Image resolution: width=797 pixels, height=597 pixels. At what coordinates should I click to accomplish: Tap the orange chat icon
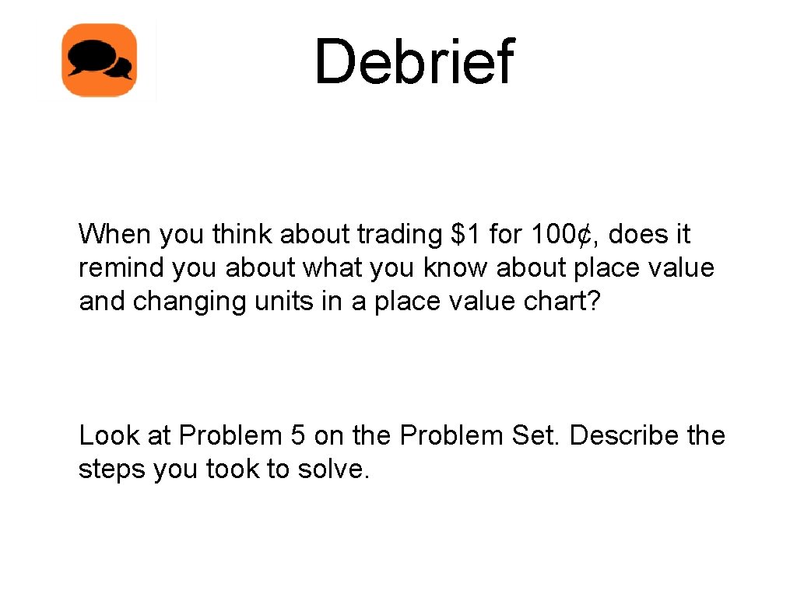pos(100,61)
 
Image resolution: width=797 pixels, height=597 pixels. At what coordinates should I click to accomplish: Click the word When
pos(115,233)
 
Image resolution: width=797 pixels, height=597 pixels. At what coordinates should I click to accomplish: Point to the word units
pos(282,301)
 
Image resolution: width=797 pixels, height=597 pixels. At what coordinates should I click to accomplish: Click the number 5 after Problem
pos(297,435)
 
